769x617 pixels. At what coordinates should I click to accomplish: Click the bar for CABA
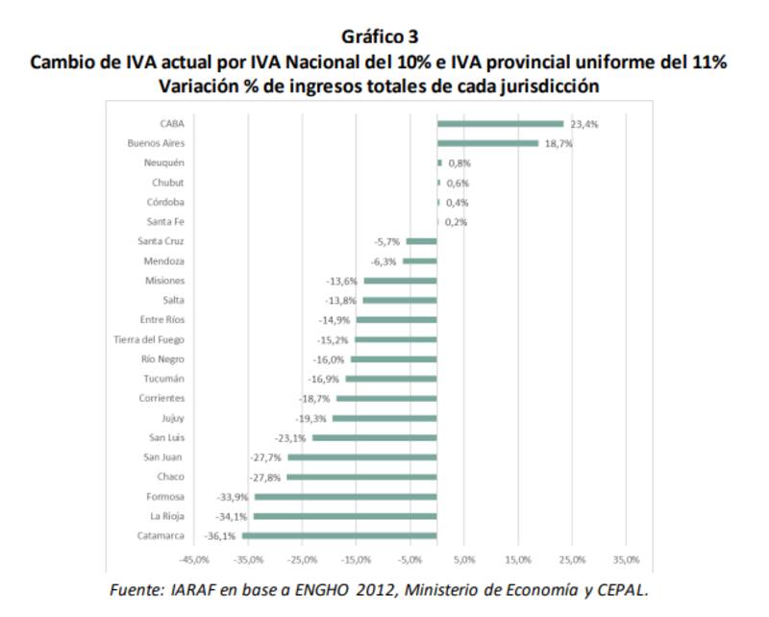[500, 123]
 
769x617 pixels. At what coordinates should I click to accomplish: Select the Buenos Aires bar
[487, 143]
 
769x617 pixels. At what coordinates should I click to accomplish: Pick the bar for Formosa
[345, 496]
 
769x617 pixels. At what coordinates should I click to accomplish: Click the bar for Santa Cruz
[422, 241]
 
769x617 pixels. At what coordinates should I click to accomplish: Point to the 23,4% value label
[584, 124]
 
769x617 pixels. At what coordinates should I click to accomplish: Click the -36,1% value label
[220, 535]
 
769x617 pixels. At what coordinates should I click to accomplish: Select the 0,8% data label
[459, 163]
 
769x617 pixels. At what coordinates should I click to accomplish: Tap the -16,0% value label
[329, 358]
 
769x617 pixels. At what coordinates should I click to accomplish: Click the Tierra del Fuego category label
[149, 339]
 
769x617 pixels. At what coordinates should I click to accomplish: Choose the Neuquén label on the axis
[163, 162]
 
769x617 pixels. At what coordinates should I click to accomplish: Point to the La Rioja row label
[167, 516]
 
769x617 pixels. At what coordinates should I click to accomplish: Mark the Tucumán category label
[163, 379]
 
